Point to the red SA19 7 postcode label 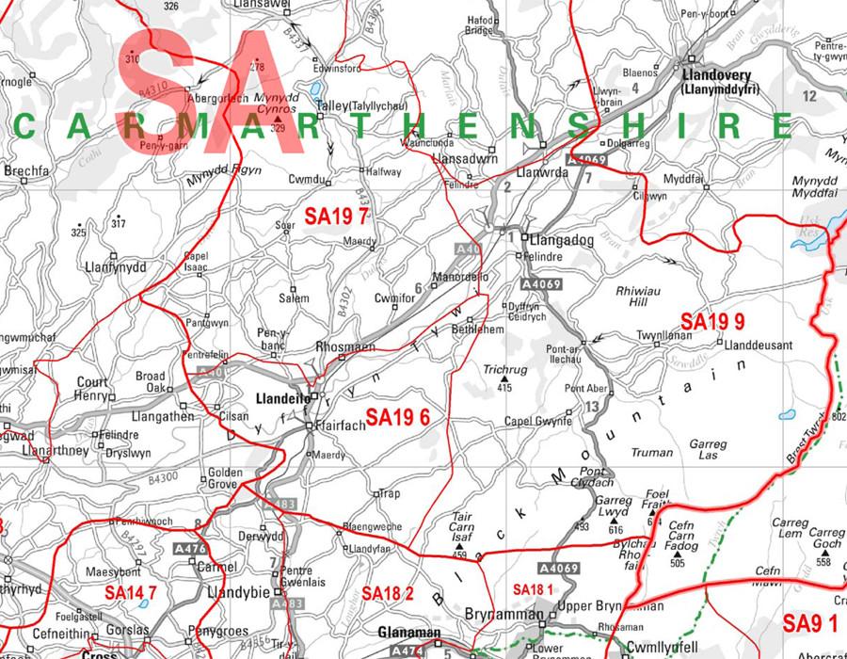(336, 217)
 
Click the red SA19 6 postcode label (398, 417)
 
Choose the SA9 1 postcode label (809, 623)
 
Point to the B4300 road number (162, 478)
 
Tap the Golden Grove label (225, 478)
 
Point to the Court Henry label (92, 389)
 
